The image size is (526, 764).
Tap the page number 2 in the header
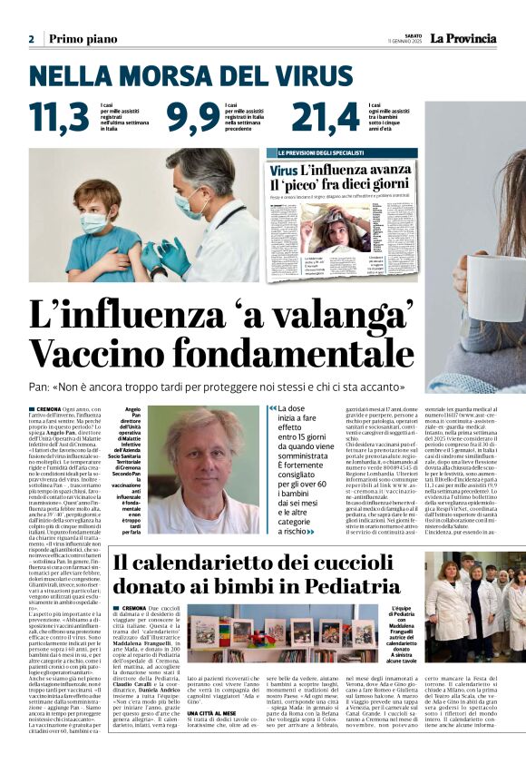coord(32,39)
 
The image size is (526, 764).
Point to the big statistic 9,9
coord(192,117)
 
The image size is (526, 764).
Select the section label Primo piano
coord(83,39)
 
